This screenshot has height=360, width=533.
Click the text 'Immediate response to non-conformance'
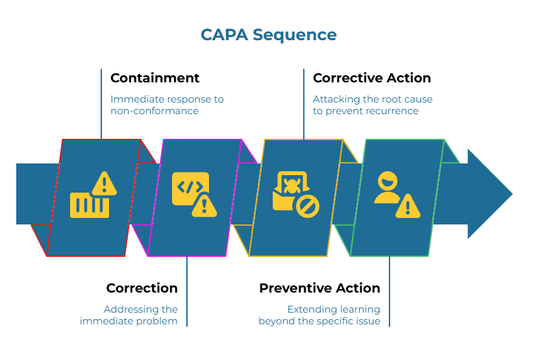pyautogui.click(x=167, y=105)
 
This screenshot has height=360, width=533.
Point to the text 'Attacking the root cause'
pyautogui.click(x=372, y=99)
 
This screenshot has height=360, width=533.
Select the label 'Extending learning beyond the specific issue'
pyautogui.click(x=319, y=315)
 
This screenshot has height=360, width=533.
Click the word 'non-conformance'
pyautogui.click(x=154, y=111)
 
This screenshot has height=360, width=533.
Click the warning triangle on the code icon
pyautogui.click(x=205, y=206)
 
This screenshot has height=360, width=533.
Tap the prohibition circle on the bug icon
pyautogui.click(x=308, y=206)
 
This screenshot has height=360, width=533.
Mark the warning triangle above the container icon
pyautogui.click(x=103, y=184)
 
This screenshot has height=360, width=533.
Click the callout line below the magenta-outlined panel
pyautogui.click(x=187, y=292)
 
